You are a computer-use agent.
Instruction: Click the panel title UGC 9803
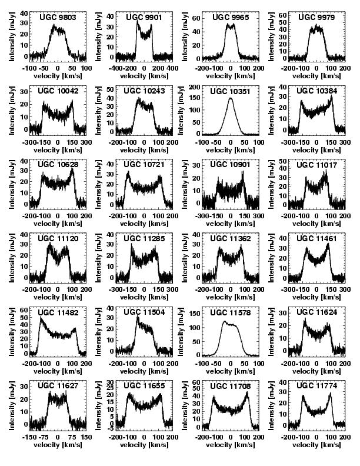pyautogui.click(x=57, y=18)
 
